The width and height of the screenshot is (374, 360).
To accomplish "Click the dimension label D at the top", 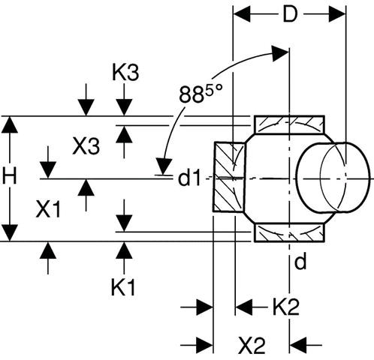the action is [290, 14].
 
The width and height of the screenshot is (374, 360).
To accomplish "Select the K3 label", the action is [125, 73].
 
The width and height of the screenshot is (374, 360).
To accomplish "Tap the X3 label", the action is [86, 145].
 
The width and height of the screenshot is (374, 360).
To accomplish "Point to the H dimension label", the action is [9, 175].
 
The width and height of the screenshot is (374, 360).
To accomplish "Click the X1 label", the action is [48, 209].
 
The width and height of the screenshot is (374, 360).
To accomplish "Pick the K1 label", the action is [123, 287].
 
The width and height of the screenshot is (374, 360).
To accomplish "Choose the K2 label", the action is [285, 307].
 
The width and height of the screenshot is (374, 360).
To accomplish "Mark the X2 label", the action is [252, 346].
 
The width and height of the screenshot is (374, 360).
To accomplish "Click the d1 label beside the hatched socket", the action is [189, 178].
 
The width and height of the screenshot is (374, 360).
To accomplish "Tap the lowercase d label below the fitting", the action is [300, 261].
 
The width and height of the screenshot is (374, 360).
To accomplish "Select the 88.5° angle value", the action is [201, 94].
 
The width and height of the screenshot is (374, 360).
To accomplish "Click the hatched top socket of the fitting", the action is [289, 125].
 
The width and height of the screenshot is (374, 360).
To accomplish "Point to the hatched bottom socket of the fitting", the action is [289, 233].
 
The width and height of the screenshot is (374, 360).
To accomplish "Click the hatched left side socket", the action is [229, 177].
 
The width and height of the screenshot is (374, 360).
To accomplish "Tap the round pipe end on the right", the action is [333, 178].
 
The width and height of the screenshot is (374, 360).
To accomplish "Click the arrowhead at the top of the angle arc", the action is [280, 53].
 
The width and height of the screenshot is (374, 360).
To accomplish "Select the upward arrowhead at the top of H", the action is [10, 124].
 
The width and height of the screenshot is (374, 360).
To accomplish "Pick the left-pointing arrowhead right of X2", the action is [298, 345].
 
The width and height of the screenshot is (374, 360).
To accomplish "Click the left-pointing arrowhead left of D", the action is [242, 14].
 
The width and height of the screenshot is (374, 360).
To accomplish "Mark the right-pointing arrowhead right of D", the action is [337, 14].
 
